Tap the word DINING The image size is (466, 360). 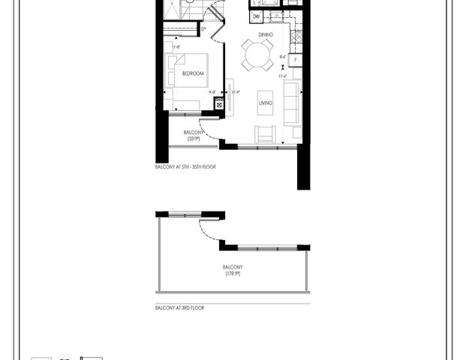265,34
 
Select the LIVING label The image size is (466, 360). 266,103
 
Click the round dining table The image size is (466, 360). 257,54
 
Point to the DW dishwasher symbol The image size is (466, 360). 257,16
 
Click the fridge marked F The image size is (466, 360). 296,59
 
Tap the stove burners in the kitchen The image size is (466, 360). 296,34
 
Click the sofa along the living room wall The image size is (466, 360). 291,105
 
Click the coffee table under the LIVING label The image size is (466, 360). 265,105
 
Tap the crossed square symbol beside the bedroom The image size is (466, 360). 219,104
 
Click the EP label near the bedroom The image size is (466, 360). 203,29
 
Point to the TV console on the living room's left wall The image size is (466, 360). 230,97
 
